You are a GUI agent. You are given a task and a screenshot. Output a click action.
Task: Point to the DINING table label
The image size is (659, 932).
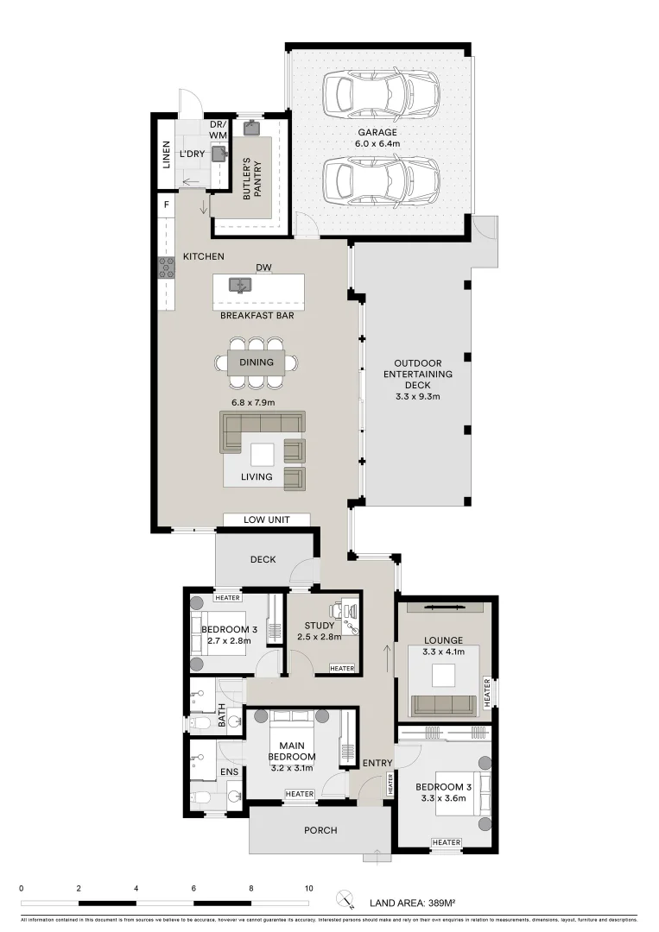tap(257, 362)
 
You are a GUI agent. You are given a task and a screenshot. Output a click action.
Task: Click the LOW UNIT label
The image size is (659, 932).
tap(266, 520)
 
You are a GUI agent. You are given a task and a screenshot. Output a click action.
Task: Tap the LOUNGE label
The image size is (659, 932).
tap(444, 640)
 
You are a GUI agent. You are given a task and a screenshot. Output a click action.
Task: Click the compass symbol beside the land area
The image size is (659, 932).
tap(346, 899)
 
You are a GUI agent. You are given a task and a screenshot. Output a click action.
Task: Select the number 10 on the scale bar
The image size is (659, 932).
tap(308, 887)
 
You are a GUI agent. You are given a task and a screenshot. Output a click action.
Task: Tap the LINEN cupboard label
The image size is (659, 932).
tap(167, 154)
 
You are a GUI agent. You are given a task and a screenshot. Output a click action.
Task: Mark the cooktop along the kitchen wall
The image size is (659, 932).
tap(166, 268)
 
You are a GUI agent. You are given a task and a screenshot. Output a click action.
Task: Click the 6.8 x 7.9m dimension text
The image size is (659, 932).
tap(252, 402)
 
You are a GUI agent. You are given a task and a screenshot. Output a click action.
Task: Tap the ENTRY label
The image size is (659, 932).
tap(377, 763)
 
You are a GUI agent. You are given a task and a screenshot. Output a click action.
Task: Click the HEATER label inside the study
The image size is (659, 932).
tap(342, 668)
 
